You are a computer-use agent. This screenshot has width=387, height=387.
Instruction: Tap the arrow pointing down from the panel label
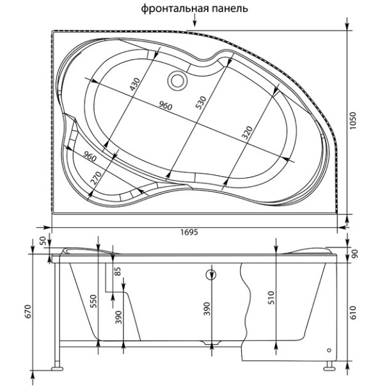tap(194, 20)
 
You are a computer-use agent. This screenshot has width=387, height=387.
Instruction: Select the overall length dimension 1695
tap(189, 232)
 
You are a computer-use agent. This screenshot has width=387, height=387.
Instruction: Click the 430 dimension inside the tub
tap(135, 84)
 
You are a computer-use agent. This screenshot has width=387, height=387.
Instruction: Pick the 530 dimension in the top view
tap(201, 103)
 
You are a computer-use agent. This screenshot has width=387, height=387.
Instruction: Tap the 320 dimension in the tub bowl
tap(247, 132)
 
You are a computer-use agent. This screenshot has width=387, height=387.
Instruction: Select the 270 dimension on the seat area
tap(96, 178)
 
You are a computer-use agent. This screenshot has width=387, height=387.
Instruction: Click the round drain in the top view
tap(177, 81)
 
